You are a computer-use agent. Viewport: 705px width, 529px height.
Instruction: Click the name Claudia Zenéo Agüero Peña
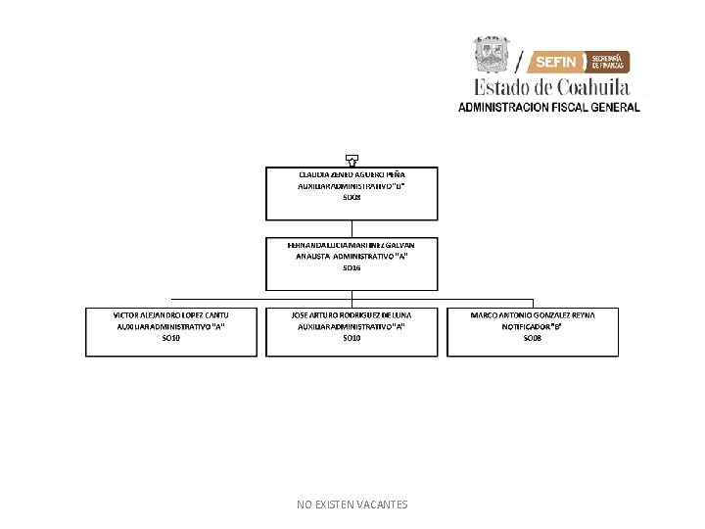[x=352, y=174]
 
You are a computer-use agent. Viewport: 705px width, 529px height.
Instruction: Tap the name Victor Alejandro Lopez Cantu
[x=171, y=314]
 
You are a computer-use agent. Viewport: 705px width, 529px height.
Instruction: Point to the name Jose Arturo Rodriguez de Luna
[x=352, y=314]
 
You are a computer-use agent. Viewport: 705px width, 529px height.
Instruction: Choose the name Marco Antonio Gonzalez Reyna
[x=532, y=314]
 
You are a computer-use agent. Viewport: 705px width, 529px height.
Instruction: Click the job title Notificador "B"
[x=532, y=326]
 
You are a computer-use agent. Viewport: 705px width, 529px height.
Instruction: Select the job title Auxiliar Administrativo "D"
[x=352, y=186]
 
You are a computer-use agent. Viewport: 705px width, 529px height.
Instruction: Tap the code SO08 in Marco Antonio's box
[x=532, y=338]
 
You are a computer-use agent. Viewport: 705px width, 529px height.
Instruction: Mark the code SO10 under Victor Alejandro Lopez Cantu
[x=171, y=338]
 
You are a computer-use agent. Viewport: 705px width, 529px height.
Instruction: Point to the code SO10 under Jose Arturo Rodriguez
[x=352, y=338]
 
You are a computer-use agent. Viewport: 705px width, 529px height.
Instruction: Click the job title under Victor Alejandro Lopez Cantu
[x=171, y=326]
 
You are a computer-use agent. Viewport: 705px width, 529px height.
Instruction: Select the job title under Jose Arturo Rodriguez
[x=352, y=326]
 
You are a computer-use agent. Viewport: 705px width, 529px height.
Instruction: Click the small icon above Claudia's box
[x=352, y=159]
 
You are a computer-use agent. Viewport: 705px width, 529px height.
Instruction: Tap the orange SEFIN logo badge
[x=579, y=62]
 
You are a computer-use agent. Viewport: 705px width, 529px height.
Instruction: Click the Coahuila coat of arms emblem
[x=492, y=55]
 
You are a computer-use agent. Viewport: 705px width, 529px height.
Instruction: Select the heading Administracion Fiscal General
[x=549, y=107]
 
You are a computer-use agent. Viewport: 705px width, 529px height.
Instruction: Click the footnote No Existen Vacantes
[x=352, y=505]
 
